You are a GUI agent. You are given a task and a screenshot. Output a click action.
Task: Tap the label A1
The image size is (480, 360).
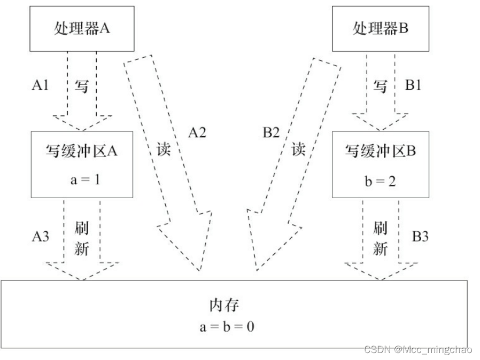pyautogui.click(x=41, y=85)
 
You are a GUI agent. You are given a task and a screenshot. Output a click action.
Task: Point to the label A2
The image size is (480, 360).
pyautogui.click(x=197, y=133)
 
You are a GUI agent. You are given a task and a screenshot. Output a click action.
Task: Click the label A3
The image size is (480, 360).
pyautogui.click(x=41, y=236)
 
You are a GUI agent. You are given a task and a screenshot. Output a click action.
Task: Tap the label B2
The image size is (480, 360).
pyautogui.click(x=269, y=133)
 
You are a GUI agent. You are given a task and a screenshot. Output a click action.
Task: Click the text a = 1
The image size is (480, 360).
pyautogui.click(x=82, y=179)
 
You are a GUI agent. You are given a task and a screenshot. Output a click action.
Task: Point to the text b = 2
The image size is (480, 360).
pyautogui.click(x=380, y=179)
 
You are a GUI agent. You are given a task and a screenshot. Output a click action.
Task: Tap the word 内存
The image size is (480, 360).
pyautogui.click(x=222, y=306)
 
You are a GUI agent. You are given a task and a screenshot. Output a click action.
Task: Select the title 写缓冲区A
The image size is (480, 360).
pyautogui.click(x=81, y=152)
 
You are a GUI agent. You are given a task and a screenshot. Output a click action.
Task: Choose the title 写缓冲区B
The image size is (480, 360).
pyautogui.click(x=380, y=152)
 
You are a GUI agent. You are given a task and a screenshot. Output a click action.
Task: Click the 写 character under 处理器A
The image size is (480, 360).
pyautogui.click(x=81, y=86)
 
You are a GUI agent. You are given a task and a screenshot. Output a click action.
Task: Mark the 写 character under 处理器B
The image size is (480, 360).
pyautogui.click(x=380, y=86)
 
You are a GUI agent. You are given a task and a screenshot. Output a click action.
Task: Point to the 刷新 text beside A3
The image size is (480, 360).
pyautogui.click(x=81, y=239)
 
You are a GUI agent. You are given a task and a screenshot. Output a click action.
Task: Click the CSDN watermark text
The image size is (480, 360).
pyautogui.click(x=417, y=350)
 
